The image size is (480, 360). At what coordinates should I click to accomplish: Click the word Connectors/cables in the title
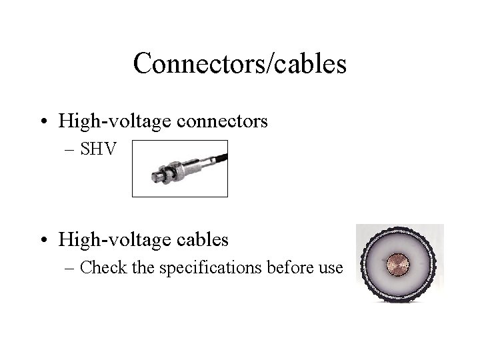pyautogui.click(x=240, y=64)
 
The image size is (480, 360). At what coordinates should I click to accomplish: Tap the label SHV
pyautogui.click(x=97, y=149)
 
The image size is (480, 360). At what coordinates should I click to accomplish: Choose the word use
pyautogui.click(x=329, y=268)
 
